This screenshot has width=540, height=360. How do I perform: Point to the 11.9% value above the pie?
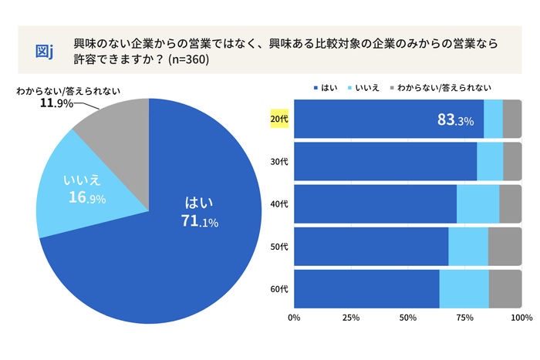click(56, 103)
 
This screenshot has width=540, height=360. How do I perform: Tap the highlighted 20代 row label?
click(279, 119)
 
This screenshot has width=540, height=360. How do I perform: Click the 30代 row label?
click(279, 162)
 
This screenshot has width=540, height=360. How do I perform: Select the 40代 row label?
click(279, 204)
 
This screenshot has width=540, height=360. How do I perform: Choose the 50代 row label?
click(279, 247)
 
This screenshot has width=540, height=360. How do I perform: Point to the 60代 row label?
click(279, 289)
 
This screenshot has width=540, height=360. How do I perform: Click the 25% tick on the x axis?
click(351, 317)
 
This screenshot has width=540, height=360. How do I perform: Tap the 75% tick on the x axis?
click(465, 317)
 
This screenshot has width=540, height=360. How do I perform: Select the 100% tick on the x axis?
click(521, 317)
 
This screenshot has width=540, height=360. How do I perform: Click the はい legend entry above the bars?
click(329, 87)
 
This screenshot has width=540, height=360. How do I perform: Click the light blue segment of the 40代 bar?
click(478, 204)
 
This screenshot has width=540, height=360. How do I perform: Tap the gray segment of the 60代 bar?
click(505, 289)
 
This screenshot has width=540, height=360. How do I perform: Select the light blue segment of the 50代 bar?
click(468, 247)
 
